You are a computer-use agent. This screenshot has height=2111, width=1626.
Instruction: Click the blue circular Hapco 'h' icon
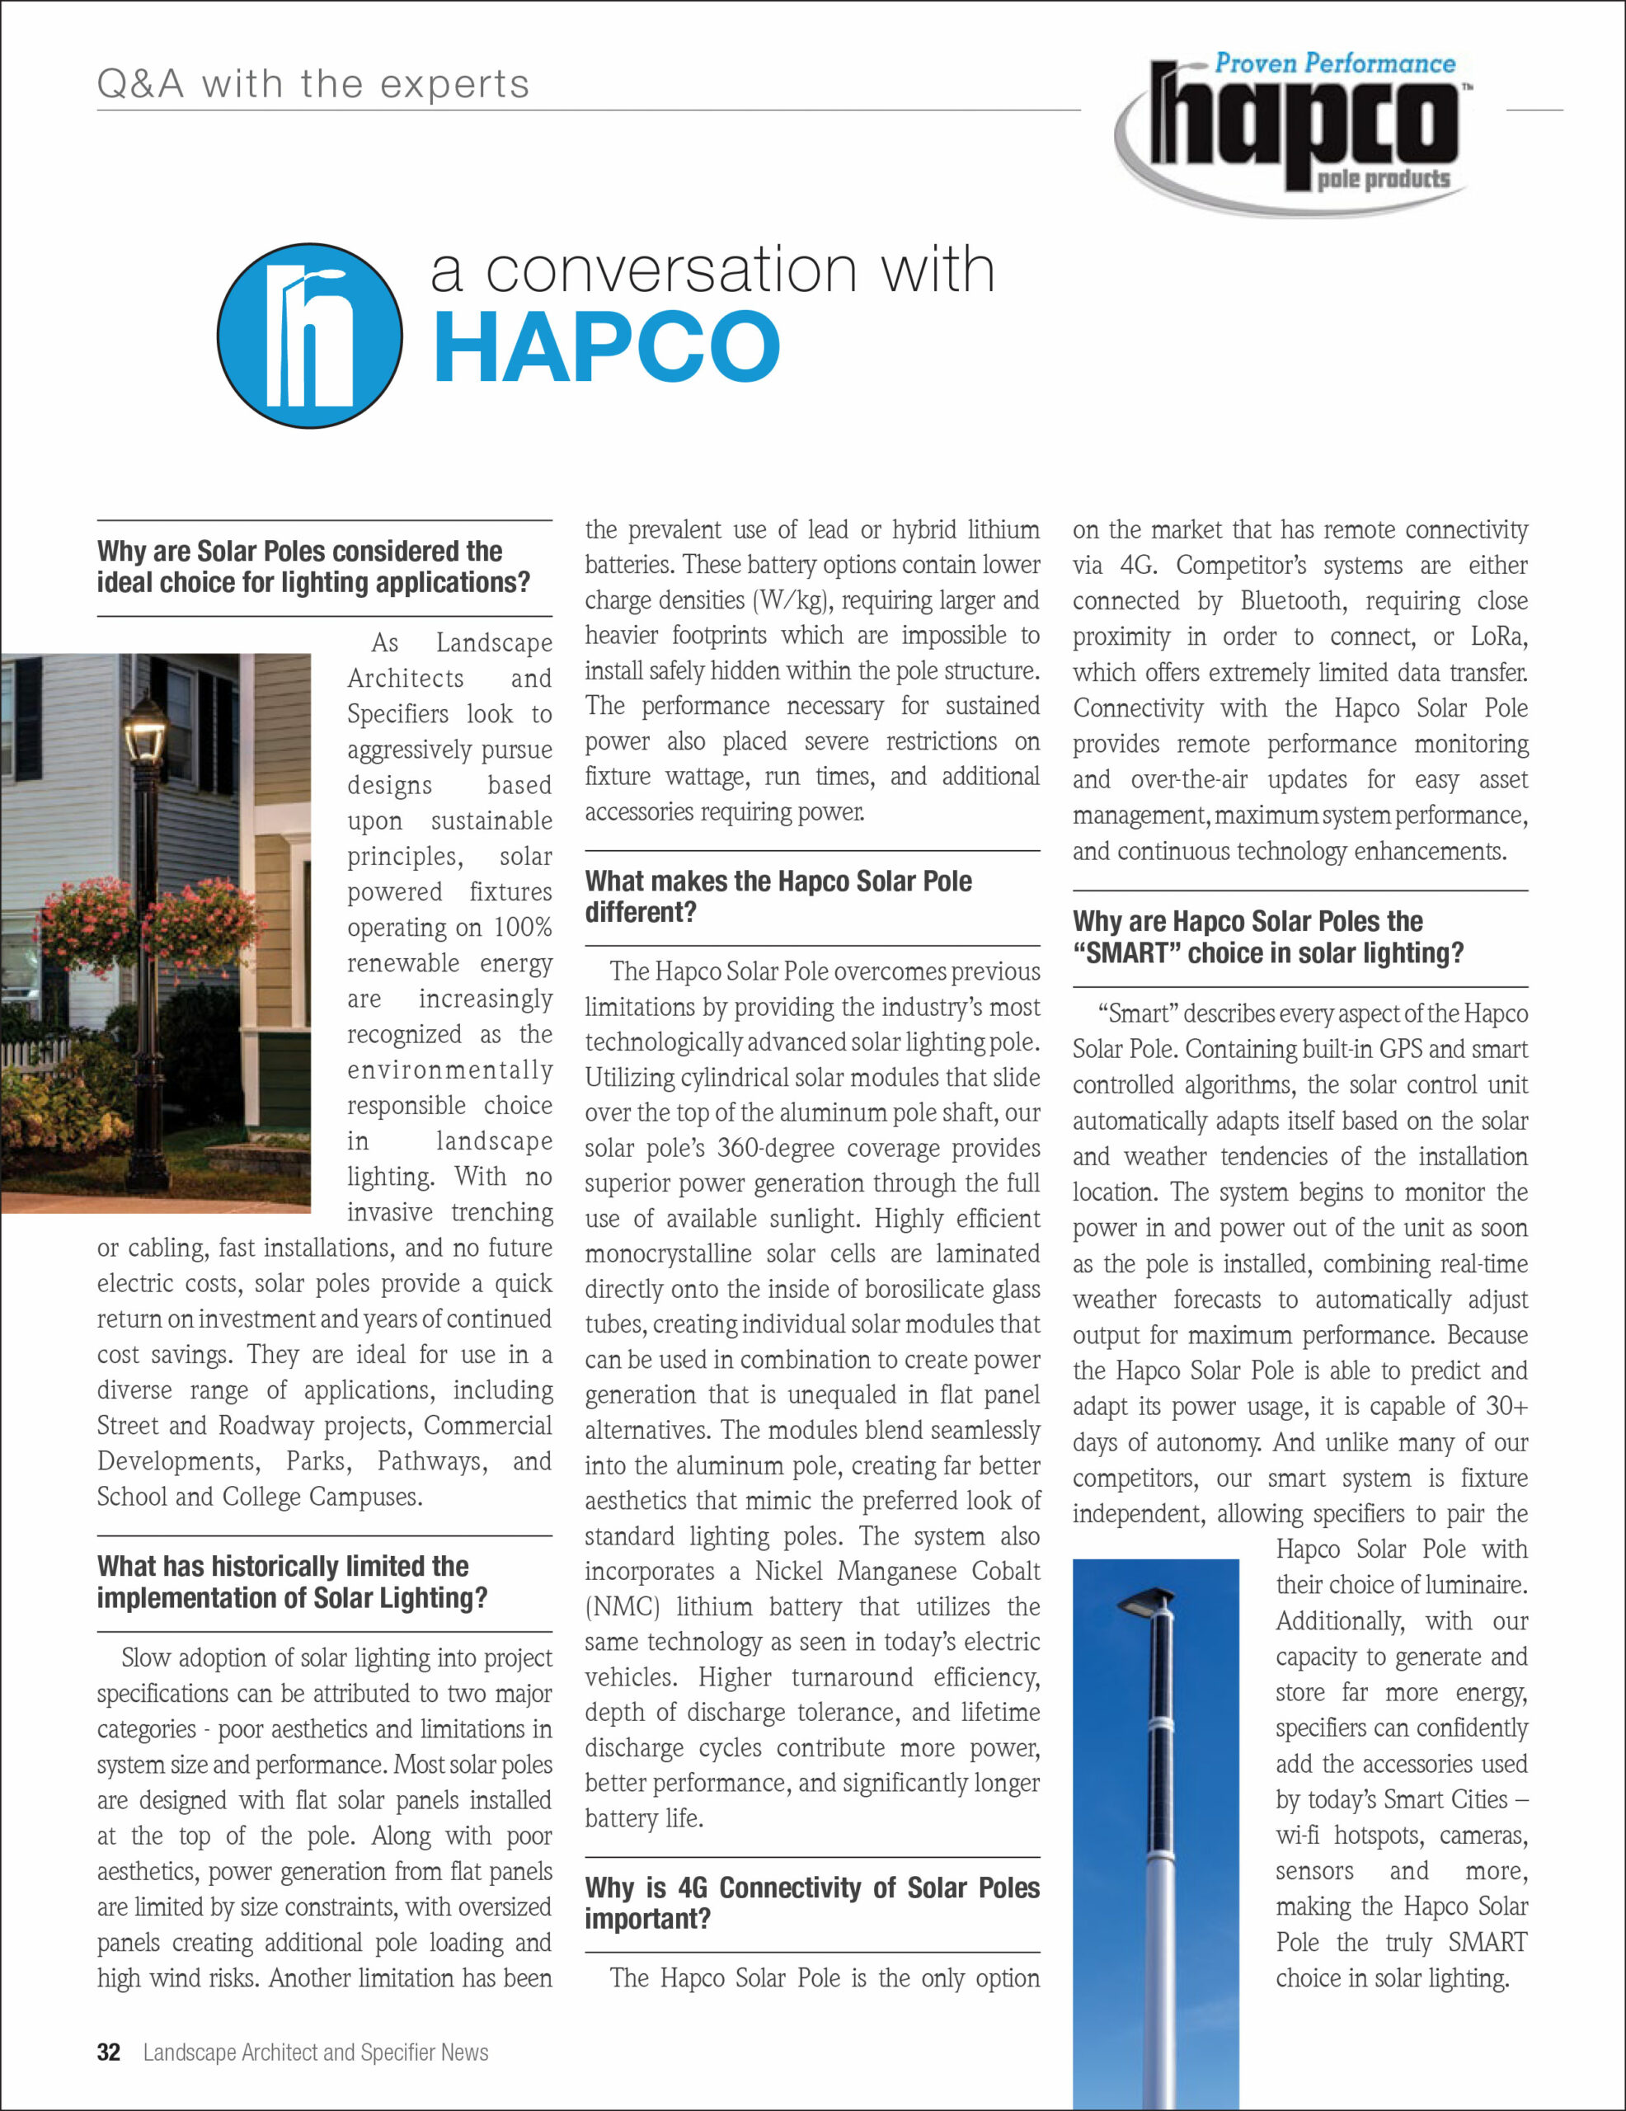309,336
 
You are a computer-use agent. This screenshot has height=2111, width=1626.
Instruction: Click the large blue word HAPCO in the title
606,347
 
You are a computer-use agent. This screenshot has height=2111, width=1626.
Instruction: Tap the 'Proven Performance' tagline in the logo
1334,63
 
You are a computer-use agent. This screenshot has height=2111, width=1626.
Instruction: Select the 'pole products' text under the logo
1383,179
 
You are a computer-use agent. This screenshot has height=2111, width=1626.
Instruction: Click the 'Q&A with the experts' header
313,85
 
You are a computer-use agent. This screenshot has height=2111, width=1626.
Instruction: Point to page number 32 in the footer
108,2052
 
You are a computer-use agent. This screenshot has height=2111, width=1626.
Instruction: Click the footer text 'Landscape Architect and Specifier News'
315,2052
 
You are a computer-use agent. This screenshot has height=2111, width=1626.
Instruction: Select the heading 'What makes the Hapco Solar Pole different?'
778,896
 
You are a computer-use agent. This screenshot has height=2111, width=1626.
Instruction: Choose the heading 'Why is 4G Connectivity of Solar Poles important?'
811,1902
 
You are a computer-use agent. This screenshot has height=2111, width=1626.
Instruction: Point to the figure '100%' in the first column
522,928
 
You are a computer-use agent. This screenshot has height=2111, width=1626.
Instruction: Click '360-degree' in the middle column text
779,1149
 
